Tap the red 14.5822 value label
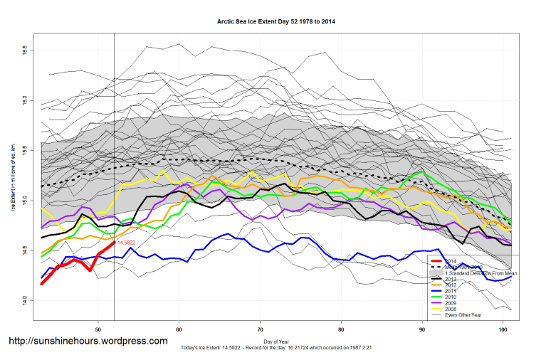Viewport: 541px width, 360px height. (x=126, y=243)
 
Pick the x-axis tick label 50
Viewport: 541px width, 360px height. (x=98, y=329)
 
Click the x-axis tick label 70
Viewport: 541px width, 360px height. (x=261, y=329)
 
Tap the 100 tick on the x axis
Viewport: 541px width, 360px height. (x=505, y=329)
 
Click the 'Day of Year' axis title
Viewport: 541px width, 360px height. (x=276, y=342)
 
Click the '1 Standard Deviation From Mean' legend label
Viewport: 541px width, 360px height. (x=480, y=273)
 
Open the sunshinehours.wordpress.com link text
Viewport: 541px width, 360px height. (x=88, y=342)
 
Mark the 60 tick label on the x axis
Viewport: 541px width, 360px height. (x=179, y=329)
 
